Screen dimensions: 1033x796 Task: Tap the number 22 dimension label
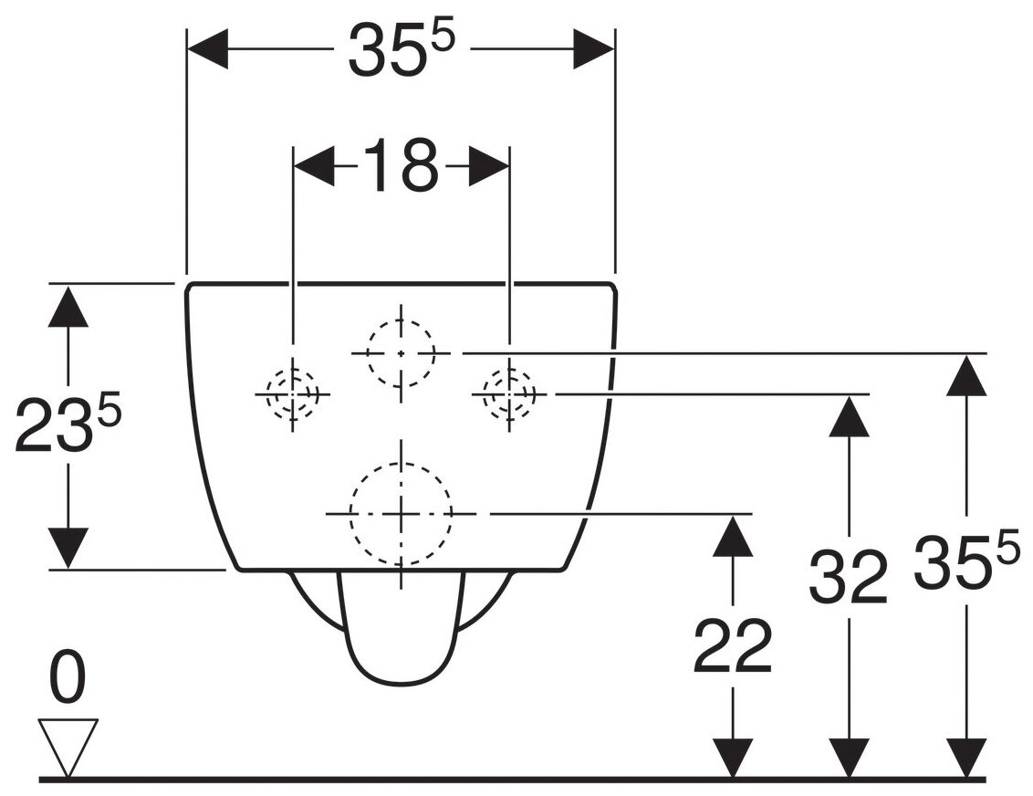click(x=732, y=646)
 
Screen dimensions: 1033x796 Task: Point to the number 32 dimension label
click(x=848, y=576)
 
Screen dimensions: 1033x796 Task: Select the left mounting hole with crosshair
click(x=292, y=393)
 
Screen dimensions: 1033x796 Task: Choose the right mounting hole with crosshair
click(x=508, y=393)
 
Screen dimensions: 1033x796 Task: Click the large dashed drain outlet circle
click(x=401, y=513)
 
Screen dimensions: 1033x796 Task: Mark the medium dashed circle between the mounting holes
click(x=401, y=352)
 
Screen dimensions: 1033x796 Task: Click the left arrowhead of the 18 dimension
click(x=313, y=168)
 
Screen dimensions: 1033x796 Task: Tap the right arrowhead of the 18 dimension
click(x=488, y=168)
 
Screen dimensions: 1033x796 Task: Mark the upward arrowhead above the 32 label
click(x=849, y=415)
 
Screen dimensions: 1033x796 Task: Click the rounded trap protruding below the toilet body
click(x=400, y=630)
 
